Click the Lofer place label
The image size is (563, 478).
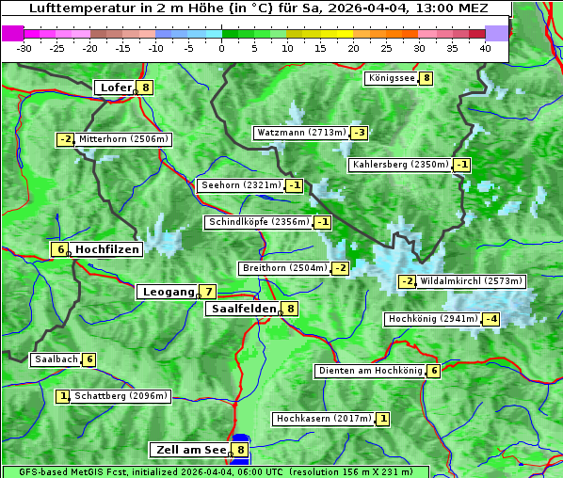[115, 88]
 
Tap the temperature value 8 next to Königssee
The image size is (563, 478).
[426, 78]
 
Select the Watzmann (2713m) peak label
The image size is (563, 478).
[300, 133]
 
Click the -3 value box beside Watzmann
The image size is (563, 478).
[359, 133]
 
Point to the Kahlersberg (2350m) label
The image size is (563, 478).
[400, 165]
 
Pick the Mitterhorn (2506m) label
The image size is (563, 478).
[123, 139]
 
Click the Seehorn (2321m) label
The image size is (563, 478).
[241, 185]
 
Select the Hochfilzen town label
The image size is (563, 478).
[107, 249]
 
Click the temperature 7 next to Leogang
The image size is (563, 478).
[207, 292]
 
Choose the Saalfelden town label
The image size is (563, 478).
[244, 309]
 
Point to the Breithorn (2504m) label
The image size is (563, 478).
[283, 268]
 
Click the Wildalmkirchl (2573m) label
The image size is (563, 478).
[471, 281]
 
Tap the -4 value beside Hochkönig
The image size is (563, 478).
[491, 319]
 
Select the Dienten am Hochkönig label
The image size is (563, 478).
[370, 371]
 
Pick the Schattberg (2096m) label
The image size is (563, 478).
[121, 396]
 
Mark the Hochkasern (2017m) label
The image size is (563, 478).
[323, 418]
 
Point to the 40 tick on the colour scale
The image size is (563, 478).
[485, 48]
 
